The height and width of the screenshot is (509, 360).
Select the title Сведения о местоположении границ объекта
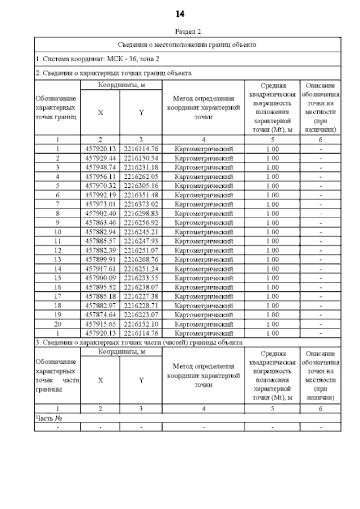187,44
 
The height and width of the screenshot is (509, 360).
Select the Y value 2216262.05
141,176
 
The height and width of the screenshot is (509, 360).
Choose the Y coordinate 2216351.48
141,195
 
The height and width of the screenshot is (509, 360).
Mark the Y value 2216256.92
141,222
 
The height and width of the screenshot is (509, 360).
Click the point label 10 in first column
57,231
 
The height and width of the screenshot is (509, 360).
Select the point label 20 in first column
57,324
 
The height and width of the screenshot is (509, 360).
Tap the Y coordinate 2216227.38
141,296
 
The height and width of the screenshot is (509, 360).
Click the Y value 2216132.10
141,324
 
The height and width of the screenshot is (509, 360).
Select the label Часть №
48,418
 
